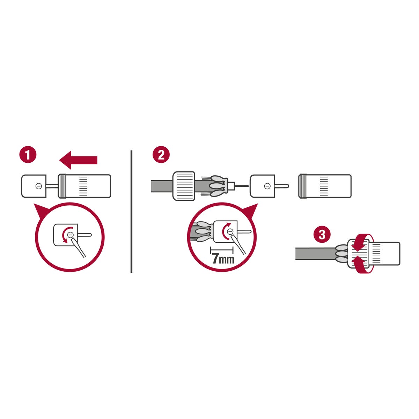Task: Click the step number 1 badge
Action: (x=28, y=155)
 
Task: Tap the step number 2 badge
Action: (x=161, y=155)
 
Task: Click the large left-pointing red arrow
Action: (x=78, y=160)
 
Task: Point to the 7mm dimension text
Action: (x=223, y=259)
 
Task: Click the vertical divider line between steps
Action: (x=131, y=211)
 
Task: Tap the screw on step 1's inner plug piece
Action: (x=39, y=186)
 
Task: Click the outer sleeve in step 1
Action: (x=84, y=186)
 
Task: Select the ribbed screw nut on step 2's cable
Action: (x=184, y=186)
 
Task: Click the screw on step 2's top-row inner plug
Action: (x=267, y=186)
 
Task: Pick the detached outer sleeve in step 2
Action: (x=325, y=186)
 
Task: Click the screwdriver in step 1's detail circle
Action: (x=79, y=248)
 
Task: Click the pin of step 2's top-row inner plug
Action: (x=282, y=186)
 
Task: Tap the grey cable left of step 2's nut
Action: (x=162, y=186)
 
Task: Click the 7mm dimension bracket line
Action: (x=222, y=250)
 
